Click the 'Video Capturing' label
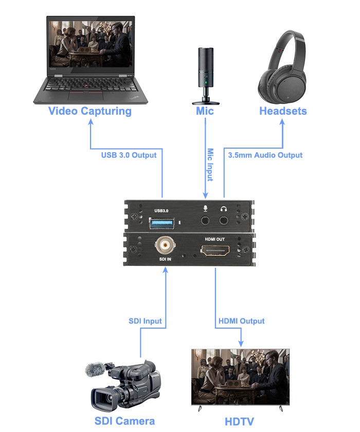(90, 111)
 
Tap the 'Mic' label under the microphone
(205, 111)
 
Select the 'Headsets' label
(283, 111)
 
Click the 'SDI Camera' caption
(124, 421)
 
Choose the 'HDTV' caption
(240, 422)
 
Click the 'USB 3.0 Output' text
(129, 155)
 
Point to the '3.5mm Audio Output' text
(265, 155)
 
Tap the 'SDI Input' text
(145, 321)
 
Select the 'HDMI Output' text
(241, 321)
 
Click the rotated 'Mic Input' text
(210, 165)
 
